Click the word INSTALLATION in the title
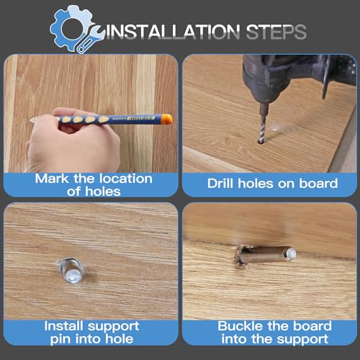172,32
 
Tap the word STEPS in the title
276,32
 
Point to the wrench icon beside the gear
91,39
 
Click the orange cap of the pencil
166,119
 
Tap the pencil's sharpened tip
31,120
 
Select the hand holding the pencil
73,142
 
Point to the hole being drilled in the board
261,143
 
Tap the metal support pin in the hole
72,271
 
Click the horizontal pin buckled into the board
269,254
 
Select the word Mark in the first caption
52,179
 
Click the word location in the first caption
126,179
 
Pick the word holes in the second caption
256,184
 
